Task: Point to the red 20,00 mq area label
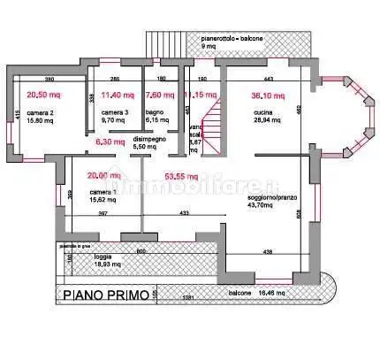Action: tap(103, 174)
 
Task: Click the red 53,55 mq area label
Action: tap(181, 175)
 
